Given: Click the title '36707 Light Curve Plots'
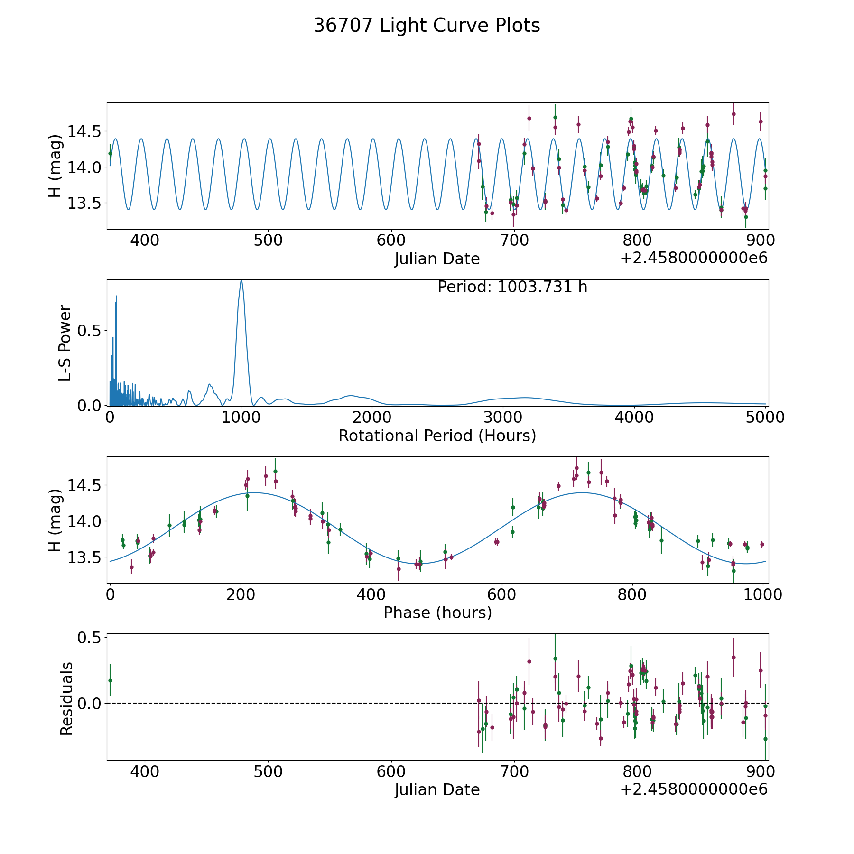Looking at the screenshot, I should coord(427,26).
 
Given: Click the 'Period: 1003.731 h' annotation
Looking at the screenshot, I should coord(512,287).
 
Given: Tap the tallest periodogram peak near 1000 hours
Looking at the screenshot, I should coord(241,281).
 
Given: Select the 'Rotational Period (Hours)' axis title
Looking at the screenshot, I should coord(437,436).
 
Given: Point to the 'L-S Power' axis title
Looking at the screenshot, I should coord(65,343).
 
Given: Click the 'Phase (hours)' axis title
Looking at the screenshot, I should coord(437,613).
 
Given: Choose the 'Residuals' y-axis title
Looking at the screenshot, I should coord(66,699).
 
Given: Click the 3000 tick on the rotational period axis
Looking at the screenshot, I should coord(503,417).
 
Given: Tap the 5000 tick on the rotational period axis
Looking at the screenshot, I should coord(765,417).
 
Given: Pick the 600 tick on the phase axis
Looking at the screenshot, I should coord(502,594).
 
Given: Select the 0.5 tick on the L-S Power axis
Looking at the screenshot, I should coord(90,331).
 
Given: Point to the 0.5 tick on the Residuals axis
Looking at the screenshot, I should coord(90,638).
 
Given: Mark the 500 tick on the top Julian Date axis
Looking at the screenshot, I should coord(268,240).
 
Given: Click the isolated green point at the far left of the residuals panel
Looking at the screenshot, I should coord(110,680).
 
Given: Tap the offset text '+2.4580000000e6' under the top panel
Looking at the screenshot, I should coord(694,259).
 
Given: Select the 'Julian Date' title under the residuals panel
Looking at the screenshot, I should coord(437,790).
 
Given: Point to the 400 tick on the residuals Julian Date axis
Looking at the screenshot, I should coord(145,771).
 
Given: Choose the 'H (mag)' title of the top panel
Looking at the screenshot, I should coord(55,166).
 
